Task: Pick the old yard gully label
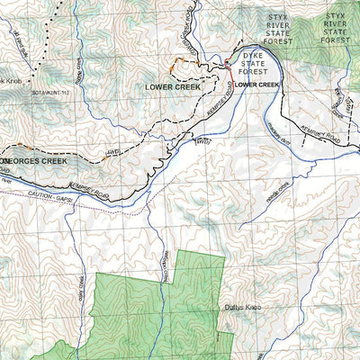pos(22,45)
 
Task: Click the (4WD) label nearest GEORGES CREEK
pos(112,153)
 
